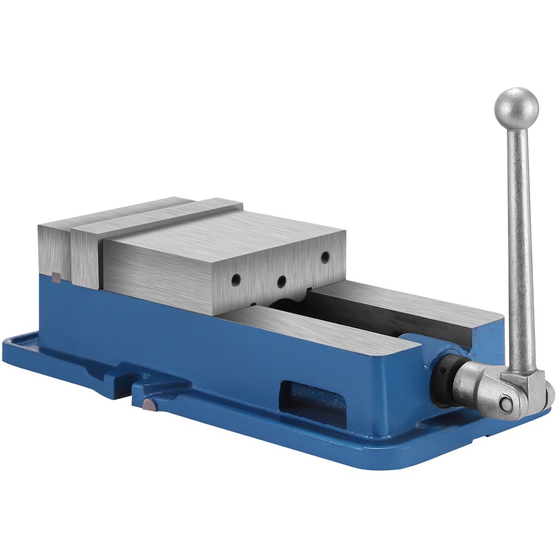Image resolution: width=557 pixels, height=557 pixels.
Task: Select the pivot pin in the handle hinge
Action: (506, 403)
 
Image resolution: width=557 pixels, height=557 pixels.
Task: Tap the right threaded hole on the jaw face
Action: (325, 255)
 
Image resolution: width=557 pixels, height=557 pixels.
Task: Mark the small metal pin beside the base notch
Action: (149, 405)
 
